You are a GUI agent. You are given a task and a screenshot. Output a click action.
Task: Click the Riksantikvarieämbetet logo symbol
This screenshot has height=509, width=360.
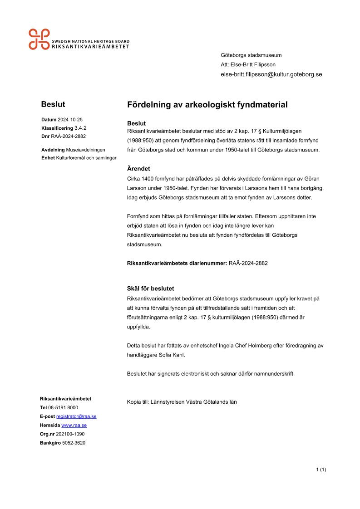[39, 39]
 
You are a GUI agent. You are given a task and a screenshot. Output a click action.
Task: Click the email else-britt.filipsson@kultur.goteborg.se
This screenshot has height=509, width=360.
[271, 74]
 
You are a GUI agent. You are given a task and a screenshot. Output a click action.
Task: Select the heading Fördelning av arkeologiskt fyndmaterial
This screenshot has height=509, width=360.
[207, 105]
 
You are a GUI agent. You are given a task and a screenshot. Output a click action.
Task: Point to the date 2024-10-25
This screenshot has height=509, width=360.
[70, 120]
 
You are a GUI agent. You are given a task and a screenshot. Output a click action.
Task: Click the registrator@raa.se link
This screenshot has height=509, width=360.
[76, 416]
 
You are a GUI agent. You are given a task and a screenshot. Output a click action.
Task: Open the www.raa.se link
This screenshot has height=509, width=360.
[74, 425]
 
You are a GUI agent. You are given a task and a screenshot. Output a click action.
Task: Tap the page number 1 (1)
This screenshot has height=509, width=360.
[321, 470]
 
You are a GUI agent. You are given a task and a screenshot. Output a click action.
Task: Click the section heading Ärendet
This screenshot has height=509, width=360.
[138, 168]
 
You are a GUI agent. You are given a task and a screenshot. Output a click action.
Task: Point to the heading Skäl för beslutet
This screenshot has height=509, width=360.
[151, 289]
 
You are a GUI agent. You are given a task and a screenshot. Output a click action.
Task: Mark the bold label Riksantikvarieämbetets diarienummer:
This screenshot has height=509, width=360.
[177, 263]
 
